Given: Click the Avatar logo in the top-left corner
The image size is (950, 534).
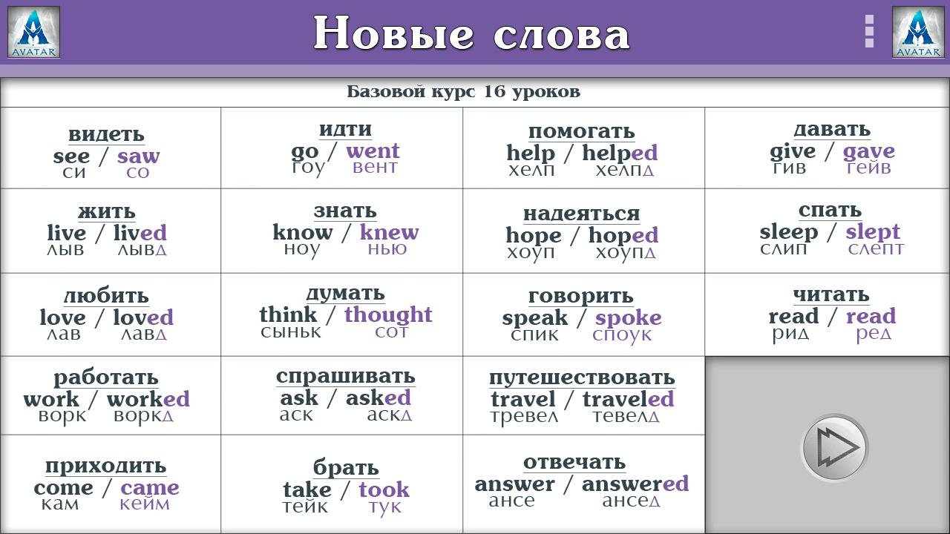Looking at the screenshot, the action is pyautogui.click(x=33, y=32).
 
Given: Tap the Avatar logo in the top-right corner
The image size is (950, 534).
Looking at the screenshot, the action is pyautogui.click(x=918, y=32).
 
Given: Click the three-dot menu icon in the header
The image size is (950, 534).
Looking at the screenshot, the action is pyautogui.click(x=869, y=31).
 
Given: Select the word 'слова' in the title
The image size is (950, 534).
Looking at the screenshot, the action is pyautogui.click(x=562, y=34).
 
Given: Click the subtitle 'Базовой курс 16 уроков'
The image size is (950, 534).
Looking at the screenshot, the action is pyautogui.click(x=464, y=91).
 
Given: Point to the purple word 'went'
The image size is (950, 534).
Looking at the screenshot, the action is pyautogui.click(x=373, y=151).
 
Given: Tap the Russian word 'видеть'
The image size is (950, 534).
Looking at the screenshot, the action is pyautogui.click(x=106, y=134).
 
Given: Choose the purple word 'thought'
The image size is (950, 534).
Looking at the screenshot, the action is pyautogui.click(x=388, y=314).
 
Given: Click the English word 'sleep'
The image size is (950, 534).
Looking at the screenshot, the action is pyautogui.click(x=788, y=232).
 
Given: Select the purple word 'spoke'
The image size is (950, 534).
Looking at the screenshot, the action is pyautogui.click(x=628, y=318).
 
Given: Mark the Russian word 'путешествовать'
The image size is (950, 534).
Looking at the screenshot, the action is pyautogui.click(x=582, y=378).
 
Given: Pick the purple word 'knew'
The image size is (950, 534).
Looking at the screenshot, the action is pyautogui.click(x=390, y=232).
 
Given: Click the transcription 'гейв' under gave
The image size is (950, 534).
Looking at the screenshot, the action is pyautogui.click(x=868, y=168).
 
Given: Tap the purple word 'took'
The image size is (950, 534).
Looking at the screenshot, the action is pyautogui.click(x=384, y=489).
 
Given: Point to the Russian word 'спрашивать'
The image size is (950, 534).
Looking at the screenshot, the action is pyautogui.click(x=346, y=376).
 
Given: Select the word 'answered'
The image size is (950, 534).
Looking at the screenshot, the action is pyautogui.click(x=635, y=484).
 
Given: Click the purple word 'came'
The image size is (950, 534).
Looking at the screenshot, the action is pyautogui.click(x=150, y=488).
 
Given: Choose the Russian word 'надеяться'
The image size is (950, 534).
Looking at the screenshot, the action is pyautogui.click(x=581, y=214).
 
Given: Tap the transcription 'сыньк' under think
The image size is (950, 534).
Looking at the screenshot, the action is pyautogui.click(x=290, y=332).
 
